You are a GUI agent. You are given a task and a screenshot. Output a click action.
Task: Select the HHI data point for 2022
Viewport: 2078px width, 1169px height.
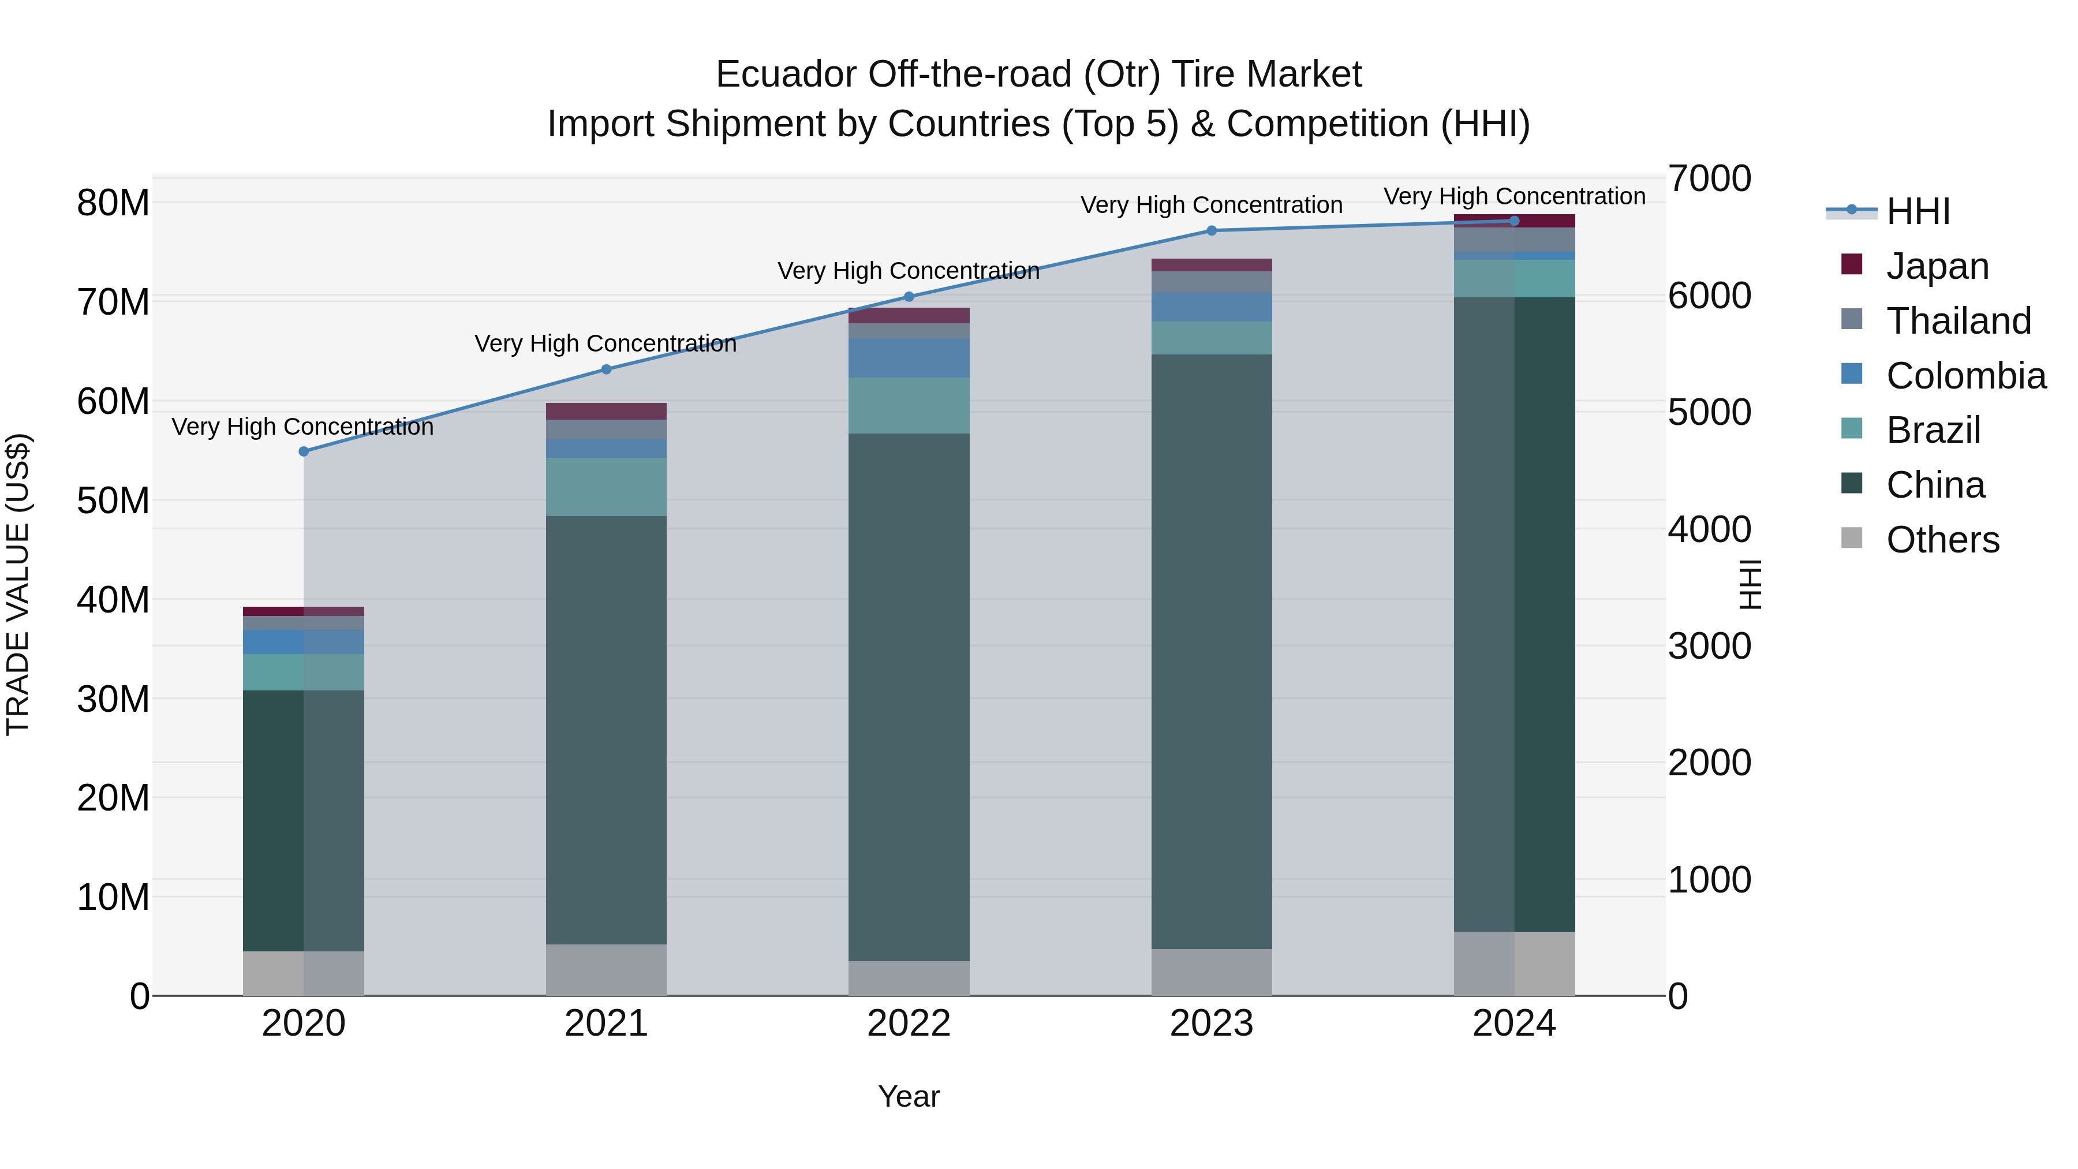pyautogui.click(x=909, y=297)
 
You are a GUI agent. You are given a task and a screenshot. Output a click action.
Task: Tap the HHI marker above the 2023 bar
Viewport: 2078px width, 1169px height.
pyautogui.click(x=1211, y=231)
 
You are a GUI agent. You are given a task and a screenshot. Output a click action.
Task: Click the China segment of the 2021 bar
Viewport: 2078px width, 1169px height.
pyautogui.click(x=606, y=730)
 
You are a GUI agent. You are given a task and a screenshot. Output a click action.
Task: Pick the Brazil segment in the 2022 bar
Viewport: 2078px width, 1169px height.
pyautogui.click(x=909, y=406)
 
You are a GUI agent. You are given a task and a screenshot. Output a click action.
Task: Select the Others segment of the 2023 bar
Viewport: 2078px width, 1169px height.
pyautogui.click(x=1211, y=972)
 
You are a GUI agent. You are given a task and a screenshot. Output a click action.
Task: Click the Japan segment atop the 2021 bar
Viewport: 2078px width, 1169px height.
pyautogui.click(x=606, y=412)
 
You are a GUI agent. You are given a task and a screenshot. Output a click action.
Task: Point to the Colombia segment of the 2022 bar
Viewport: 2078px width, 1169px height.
pyautogui.click(x=909, y=358)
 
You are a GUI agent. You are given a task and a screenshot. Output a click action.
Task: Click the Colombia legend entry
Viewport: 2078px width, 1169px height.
pyautogui.click(x=1965, y=376)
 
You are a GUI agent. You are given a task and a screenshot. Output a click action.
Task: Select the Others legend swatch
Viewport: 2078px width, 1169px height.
pyautogui.click(x=1852, y=538)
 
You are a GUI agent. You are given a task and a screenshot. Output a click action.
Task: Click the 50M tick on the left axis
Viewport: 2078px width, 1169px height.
pyautogui.click(x=113, y=501)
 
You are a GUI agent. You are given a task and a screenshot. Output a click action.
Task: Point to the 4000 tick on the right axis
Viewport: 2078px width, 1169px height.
pyautogui.click(x=1709, y=530)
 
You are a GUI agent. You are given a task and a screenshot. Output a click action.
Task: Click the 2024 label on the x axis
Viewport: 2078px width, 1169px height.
pyautogui.click(x=1513, y=1024)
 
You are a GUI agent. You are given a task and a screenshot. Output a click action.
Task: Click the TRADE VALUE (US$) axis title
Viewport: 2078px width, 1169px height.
pyautogui.click(x=18, y=584)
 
